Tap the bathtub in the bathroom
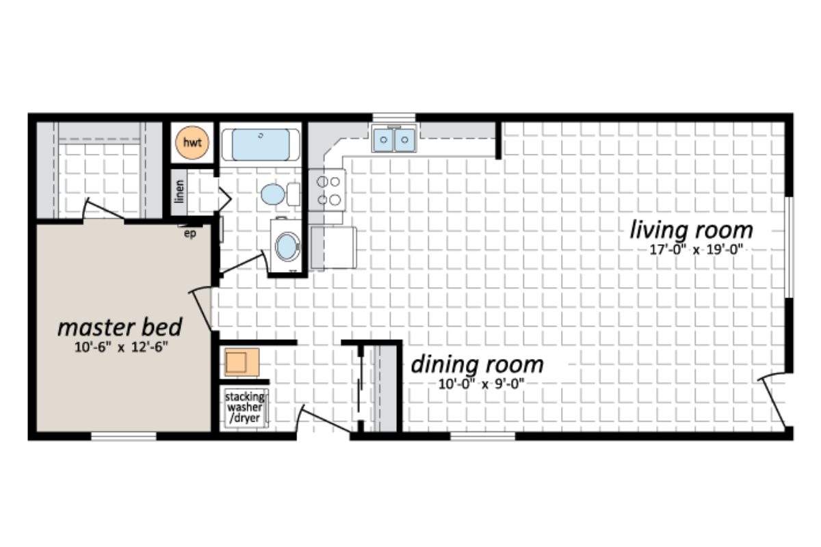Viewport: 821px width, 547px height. click(260, 144)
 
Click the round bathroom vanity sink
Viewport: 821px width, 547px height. click(287, 246)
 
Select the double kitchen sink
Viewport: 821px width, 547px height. click(394, 141)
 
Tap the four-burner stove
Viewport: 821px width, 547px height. click(326, 190)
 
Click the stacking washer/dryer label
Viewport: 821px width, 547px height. click(244, 408)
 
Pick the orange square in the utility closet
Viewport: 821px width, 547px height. click(241, 362)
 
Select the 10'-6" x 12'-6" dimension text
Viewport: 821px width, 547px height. click(121, 347)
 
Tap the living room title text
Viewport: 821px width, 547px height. click(691, 230)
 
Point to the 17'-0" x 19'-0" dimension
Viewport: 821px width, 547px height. click(695, 250)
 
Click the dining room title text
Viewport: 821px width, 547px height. click(477, 364)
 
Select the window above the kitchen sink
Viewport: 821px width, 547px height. click(394, 116)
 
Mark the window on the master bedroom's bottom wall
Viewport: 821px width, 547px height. click(119, 436)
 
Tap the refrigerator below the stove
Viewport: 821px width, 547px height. click(333, 247)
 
